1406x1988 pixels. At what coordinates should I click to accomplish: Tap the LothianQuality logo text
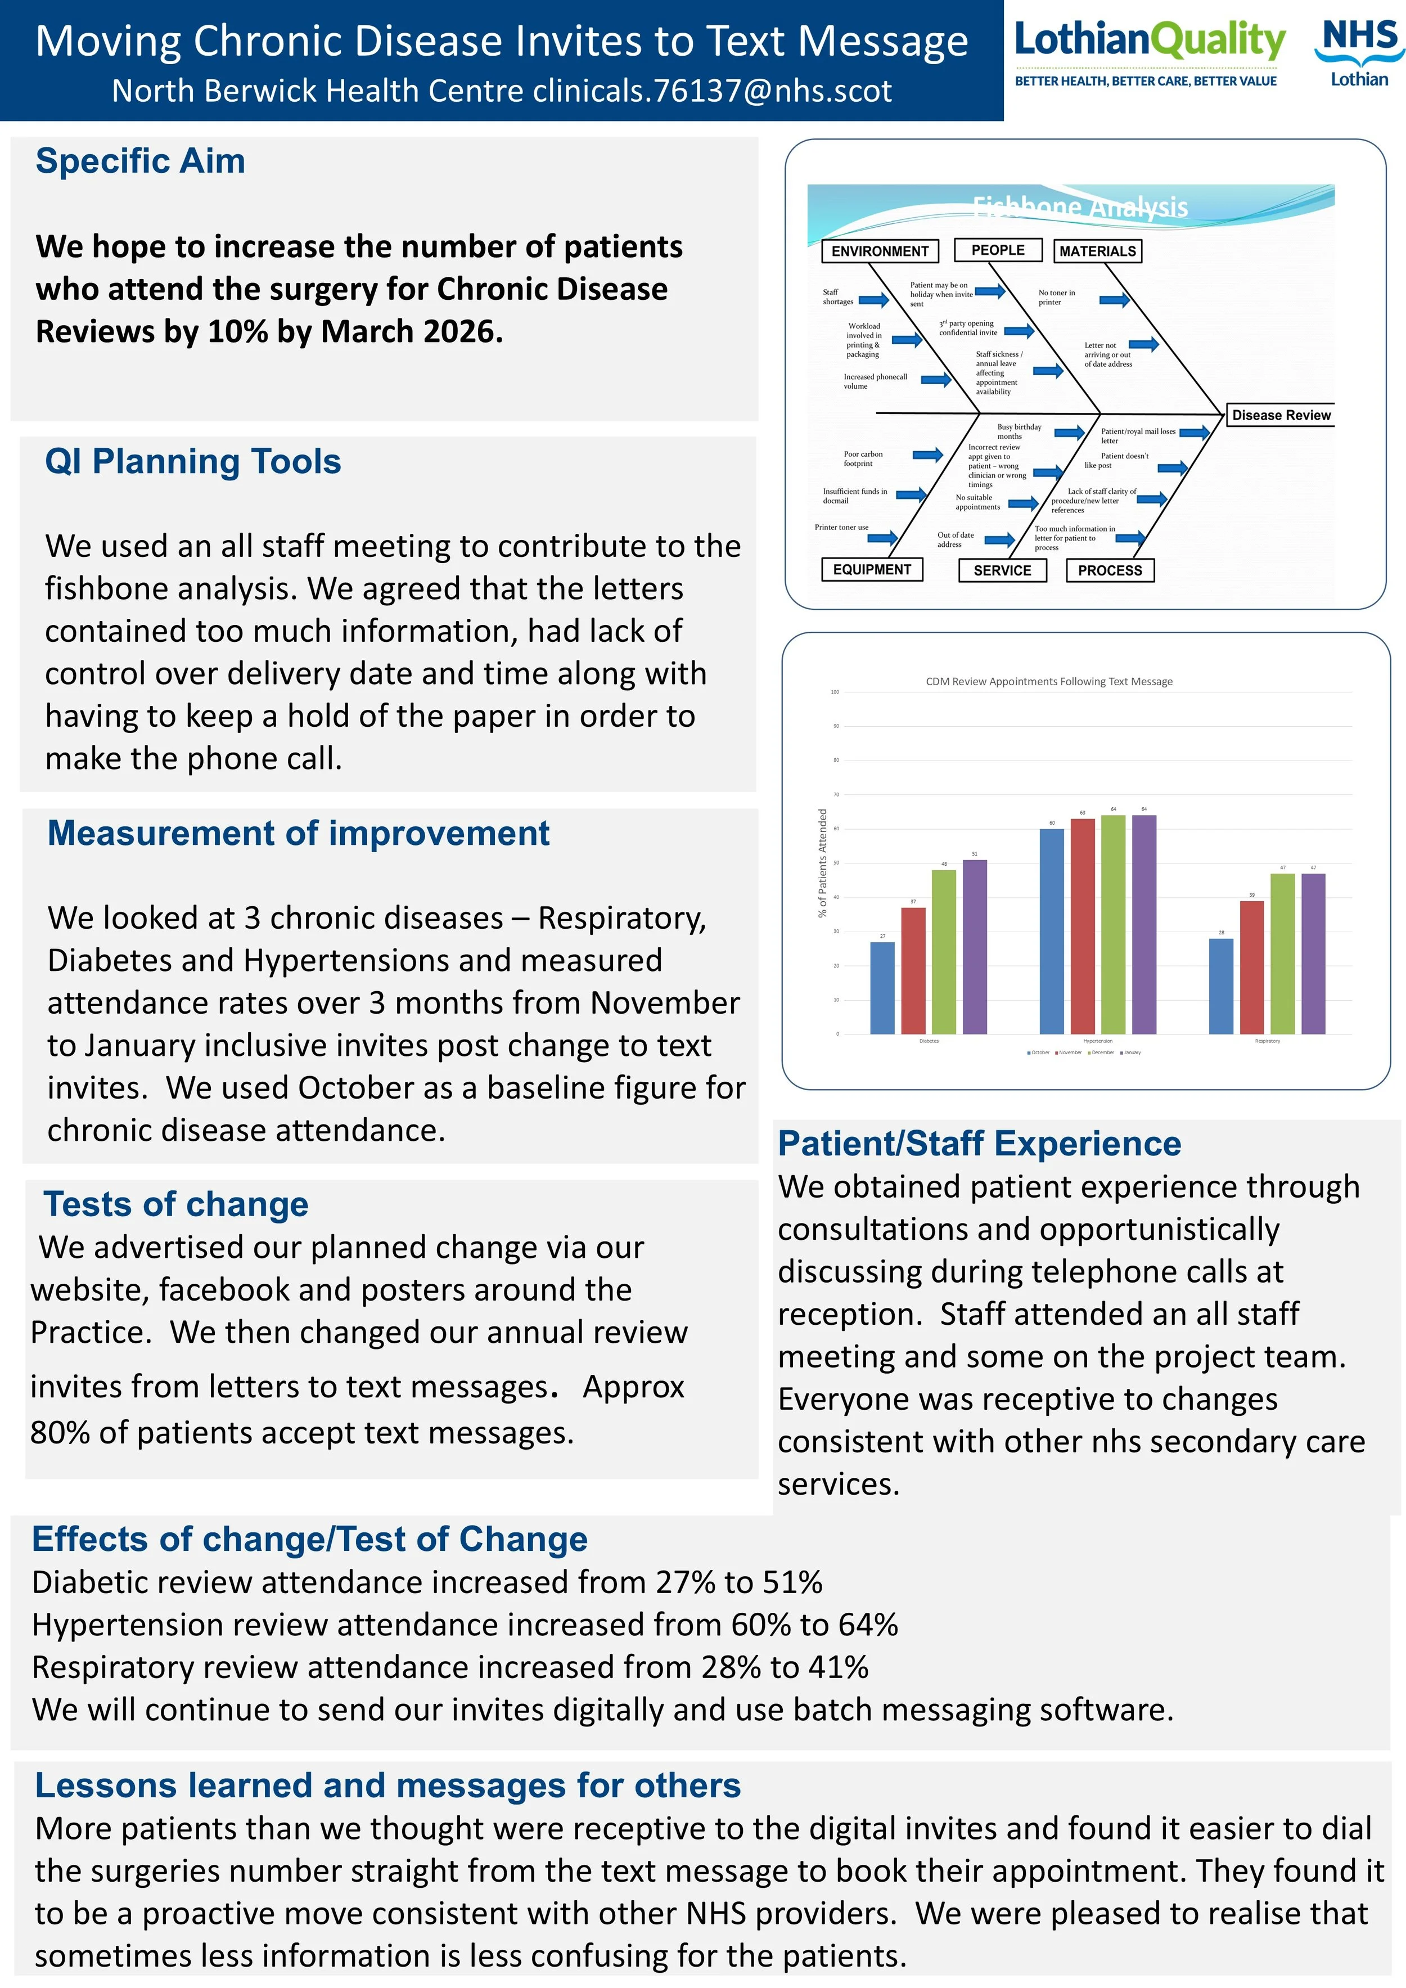click(1150, 41)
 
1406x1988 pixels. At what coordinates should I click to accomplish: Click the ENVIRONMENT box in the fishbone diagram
click(880, 251)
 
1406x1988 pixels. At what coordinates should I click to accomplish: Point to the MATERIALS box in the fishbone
click(1097, 251)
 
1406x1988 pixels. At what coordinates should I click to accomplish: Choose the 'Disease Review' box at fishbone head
click(1281, 416)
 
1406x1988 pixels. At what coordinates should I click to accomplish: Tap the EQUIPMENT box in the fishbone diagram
click(872, 570)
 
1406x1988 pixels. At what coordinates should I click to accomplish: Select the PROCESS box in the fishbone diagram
click(1110, 570)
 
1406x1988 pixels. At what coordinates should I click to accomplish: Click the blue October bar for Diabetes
click(882, 988)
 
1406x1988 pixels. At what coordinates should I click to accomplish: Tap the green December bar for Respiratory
click(1282, 953)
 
